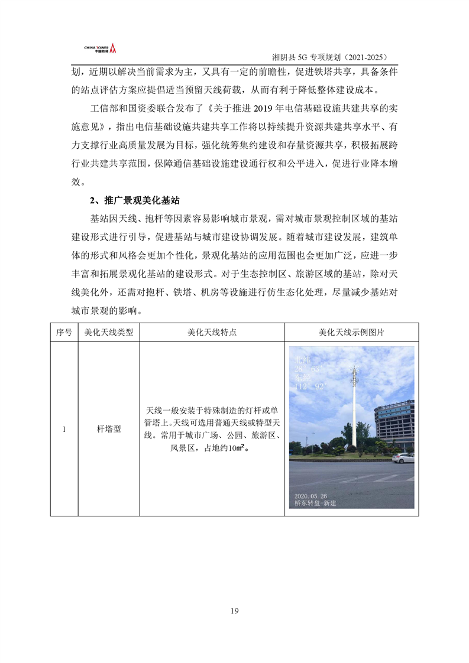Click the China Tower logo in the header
point(101,48)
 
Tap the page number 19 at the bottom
point(235,610)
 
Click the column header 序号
point(64,332)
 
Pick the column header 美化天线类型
point(109,332)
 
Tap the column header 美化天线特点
point(212,332)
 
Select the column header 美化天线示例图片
point(351,332)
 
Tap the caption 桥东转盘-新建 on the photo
point(316,503)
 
